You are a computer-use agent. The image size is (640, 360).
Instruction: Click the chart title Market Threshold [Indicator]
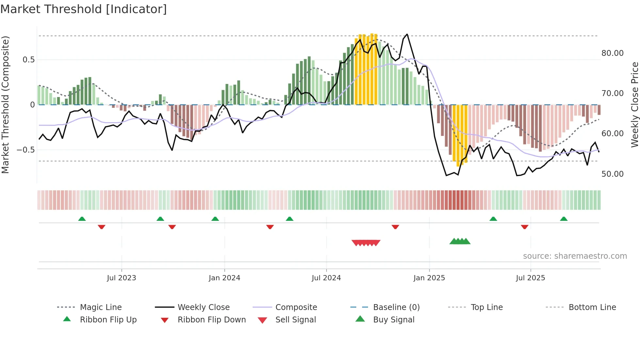click(x=84, y=9)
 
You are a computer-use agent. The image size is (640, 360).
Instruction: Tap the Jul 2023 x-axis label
click(x=121, y=278)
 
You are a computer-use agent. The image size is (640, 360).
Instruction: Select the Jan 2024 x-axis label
click(x=224, y=278)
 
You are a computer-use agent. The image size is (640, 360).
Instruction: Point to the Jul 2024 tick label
click(x=326, y=278)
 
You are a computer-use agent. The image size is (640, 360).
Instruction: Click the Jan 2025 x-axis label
click(x=429, y=278)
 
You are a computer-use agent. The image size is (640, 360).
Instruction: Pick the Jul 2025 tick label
click(x=531, y=278)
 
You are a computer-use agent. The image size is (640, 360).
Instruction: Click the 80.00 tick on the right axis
click(x=612, y=53)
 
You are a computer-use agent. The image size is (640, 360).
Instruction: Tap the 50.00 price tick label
click(x=612, y=174)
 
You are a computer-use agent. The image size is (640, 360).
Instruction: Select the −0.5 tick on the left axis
click(x=25, y=150)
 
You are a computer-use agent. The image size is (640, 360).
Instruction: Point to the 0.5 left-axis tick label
click(x=28, y=60)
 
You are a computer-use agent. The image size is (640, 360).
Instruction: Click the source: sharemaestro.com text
click(x=575, y=256)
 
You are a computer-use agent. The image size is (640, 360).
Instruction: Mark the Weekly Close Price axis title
click(x=634, y=105)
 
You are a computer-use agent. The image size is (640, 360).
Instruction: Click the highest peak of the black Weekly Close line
click(x=407, y=34)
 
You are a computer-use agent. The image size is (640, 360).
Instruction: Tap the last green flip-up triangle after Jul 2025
click(x=564, y=219)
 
